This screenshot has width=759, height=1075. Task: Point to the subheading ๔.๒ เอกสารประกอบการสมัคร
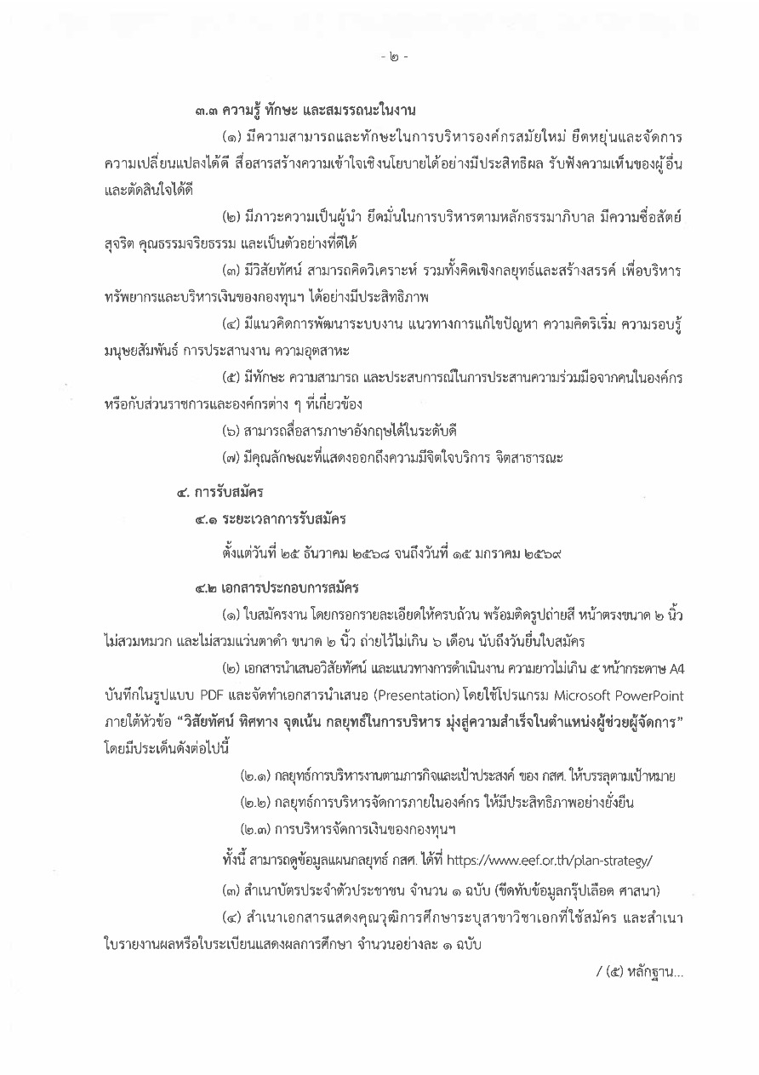[276, 588]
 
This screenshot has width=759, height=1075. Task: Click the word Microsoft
[579, 687]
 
